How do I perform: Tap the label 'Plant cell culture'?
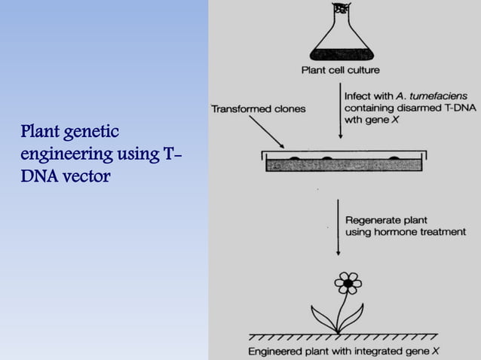(x=340, y=71)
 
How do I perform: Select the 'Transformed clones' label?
(x=259, y=108)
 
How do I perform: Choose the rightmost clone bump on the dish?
(x=396, y=157)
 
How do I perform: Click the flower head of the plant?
(x=348, y=283)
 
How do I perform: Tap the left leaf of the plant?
(x=323, y=317)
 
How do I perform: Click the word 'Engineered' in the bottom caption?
(x=277, y=351)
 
